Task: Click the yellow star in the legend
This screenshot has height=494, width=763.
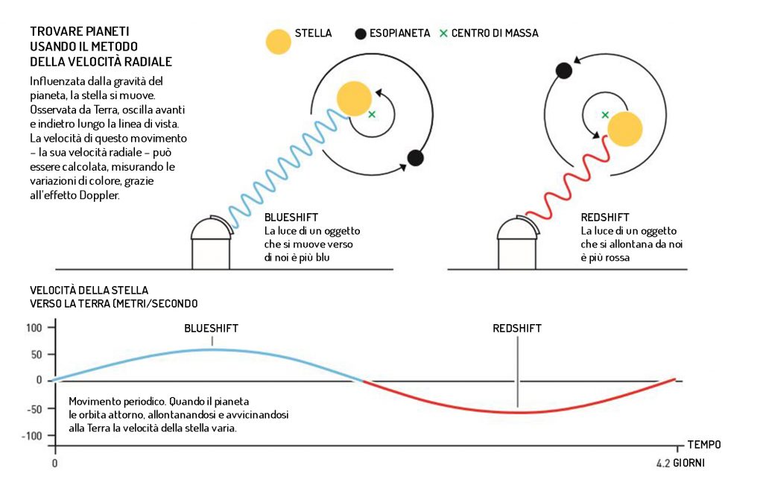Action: tap(277, 41)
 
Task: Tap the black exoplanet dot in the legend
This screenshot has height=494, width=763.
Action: tap(361, 34)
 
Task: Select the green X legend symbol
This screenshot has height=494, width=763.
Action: tap(444, 34)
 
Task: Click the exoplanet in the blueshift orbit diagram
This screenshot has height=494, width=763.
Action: tap(415, 158)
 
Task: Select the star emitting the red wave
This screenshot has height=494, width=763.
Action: tap(624, 128)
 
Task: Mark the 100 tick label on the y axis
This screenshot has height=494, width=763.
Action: tap(35, 327)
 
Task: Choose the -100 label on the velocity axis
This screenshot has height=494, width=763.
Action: tap(34, 435)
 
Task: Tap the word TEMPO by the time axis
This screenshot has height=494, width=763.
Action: tap(703, 445)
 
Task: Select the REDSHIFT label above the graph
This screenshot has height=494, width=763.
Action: tap(517, 328)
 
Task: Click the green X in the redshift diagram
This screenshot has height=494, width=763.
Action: tap(605, 115)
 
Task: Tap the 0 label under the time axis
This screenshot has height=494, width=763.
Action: tap(54, 463)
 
